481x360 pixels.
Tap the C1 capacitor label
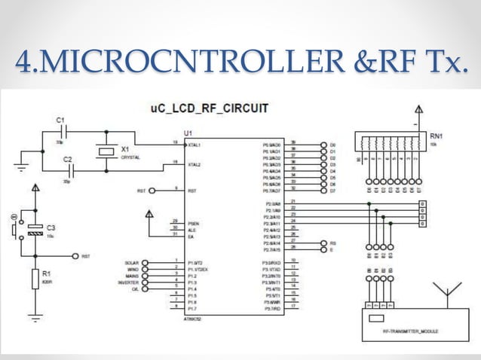[x=60, y=120]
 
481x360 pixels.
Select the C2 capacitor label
[x=67, y=160]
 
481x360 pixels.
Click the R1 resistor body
[x=34, y=279]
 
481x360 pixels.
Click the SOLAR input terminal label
[x=130, y=262]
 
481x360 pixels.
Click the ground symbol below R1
[x=34, y=315]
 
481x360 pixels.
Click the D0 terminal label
[x=332, y=144]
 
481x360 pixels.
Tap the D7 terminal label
[x=332, y=191]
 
